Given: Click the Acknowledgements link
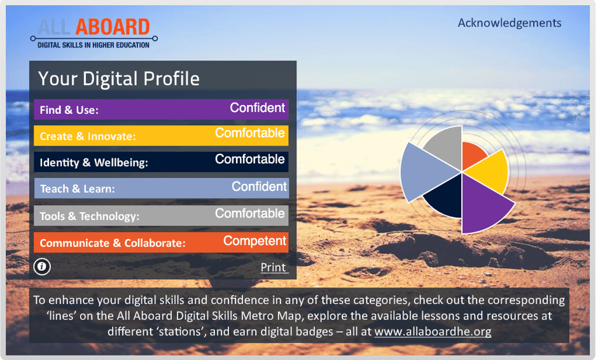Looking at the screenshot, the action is tap(510, 24).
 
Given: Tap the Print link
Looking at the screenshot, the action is tap(274, 267).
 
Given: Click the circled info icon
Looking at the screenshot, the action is tap(42, 267).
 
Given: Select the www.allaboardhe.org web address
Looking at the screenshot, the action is tap(433, 331).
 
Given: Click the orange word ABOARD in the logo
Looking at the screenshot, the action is tap(113, 27).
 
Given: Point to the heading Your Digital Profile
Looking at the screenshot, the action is tap(118, 79).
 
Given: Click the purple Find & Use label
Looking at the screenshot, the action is tap(69, 110).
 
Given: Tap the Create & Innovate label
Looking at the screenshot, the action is tap(88, 137).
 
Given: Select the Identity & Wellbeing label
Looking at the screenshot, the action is tap(94, 163).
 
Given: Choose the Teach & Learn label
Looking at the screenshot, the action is tap(78, 189).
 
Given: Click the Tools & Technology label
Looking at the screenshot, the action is tap(90, 216).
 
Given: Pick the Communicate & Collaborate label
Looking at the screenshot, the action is tap(113, 244).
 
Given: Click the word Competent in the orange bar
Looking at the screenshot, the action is tap(254, 241).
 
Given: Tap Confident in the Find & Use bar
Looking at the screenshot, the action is tap(258, 108).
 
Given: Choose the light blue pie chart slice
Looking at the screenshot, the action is tap(424, 172).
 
